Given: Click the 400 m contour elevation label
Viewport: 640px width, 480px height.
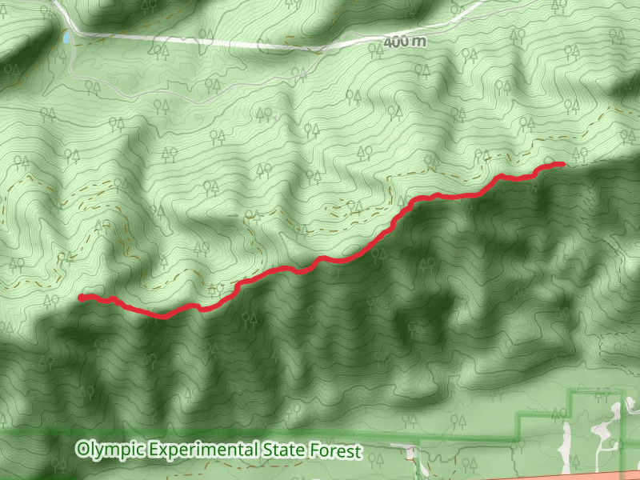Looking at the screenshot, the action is click(x=404, y=42).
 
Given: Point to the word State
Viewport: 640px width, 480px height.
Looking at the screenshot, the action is click(x=284, y=450).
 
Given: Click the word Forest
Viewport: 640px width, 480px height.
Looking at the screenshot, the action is click(x=336, y=450).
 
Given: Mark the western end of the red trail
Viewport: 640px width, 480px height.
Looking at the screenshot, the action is click(x=81, y=297).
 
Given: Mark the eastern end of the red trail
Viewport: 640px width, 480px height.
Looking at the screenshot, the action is click(x=563, y=163).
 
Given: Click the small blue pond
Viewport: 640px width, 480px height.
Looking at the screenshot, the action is click(x=63, y=38).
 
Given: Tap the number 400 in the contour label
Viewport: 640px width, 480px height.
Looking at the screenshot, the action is click(x=397, y=42).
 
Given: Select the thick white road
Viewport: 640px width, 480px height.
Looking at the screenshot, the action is click(x=240, y=43).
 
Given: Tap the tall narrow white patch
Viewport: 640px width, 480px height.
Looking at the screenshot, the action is click(x=567, y=448).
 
